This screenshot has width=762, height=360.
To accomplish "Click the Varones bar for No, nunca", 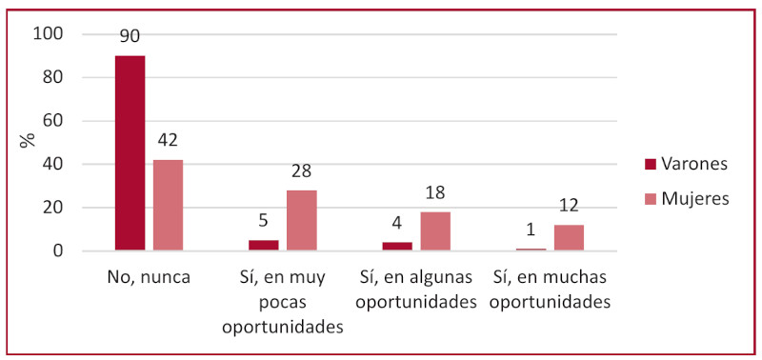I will pos(130,153).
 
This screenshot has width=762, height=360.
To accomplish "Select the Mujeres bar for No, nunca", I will pos(168,206).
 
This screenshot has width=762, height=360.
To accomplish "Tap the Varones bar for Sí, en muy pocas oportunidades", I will pos(264,246).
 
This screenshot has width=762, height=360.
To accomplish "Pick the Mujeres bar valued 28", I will pos(301,221).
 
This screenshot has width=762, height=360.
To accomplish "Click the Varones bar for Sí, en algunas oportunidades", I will pos(397,247).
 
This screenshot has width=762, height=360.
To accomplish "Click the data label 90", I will pos(130,37).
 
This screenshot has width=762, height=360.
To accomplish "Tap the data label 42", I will pos(168,141).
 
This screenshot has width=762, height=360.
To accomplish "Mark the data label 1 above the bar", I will pos(531,230).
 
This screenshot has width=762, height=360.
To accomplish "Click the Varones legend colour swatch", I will pos(651,164).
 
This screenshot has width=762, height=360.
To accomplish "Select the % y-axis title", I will pos(29,139).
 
